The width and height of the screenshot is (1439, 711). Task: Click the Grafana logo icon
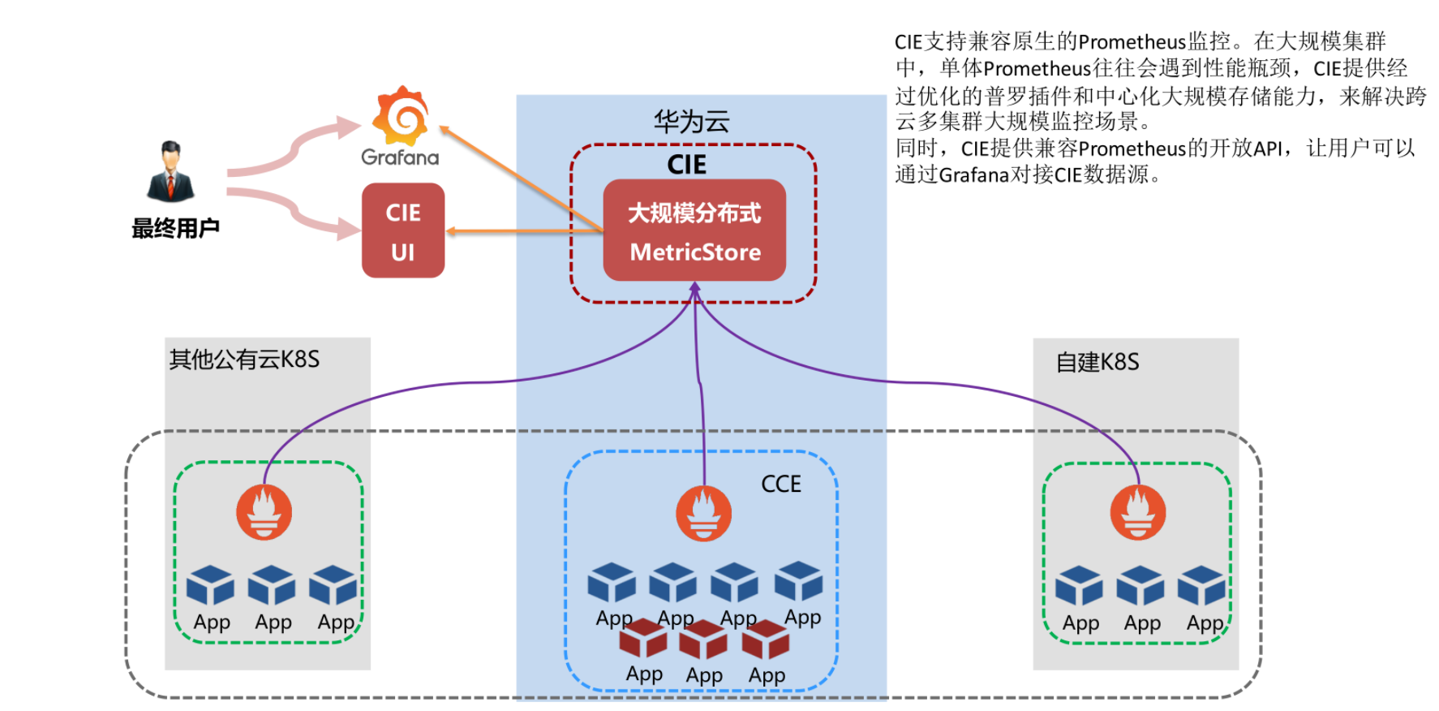point(401,116)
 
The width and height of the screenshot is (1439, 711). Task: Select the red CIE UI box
point(403,231)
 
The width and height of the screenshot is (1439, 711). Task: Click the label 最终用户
point(175,229)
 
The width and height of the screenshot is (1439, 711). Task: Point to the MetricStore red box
point(694,231)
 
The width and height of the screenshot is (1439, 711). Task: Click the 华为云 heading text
point(691,122)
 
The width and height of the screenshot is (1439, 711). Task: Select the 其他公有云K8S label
point(244,360)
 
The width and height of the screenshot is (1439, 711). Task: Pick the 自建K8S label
point(1097,362)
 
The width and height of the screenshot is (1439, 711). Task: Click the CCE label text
point(780,485)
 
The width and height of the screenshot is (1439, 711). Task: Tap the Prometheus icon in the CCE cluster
point(703,514)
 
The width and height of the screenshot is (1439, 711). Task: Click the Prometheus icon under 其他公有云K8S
point(264,512)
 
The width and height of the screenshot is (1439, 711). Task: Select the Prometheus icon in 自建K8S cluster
point(1137,513)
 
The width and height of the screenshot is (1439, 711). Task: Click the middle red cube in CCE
point(702,641)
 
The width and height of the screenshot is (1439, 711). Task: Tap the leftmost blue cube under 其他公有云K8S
point(210,586)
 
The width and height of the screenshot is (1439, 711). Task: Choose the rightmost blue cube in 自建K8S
point(1201,586)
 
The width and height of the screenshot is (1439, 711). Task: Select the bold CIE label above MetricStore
point(686,165)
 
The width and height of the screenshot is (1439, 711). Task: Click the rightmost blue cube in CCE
point(798,581)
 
